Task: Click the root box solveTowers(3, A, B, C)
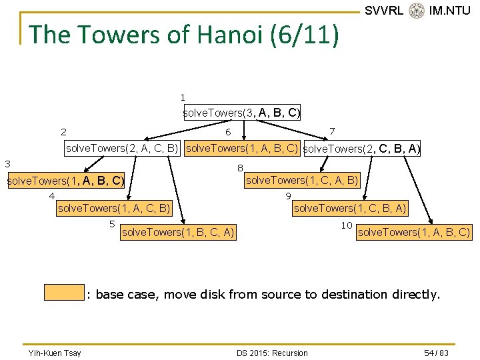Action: tap(242, 113)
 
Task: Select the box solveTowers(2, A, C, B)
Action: tap(122, 148)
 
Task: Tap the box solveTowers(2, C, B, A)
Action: tap(361, 149)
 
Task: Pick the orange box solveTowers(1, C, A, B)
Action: tap(303, 179)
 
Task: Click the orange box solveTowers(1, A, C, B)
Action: tap(114, 209)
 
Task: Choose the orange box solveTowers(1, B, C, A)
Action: tap(177, 232)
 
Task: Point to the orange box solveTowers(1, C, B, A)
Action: tap(350, 209)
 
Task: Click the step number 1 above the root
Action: tap(183, 97)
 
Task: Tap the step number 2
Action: tap(63, 132)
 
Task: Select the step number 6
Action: tap(228, 132)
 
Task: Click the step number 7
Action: tap(332, 131)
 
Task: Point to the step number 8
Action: tap(240, 168)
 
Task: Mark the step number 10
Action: tap(347, 225)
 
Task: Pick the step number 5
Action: tap(112, 224)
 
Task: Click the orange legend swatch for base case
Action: tap(64, 293)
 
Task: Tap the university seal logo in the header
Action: tap(417, 11)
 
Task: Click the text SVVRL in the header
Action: tap(384, 11)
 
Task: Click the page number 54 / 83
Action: tap(436, 353)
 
